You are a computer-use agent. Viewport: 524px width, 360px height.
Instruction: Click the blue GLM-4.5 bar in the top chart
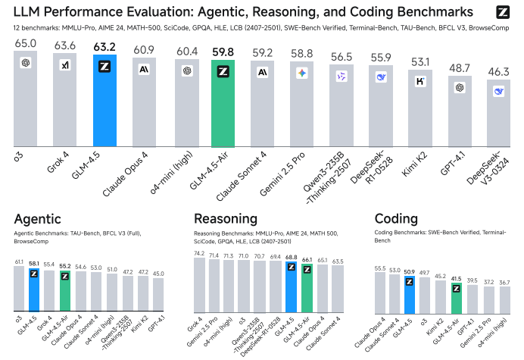coord(104,102)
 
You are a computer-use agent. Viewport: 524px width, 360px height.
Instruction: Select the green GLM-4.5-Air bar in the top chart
coord(223,106)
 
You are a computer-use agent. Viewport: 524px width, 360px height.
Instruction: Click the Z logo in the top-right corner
coord(503,13)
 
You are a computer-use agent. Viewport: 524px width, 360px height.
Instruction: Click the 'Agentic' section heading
coord(38,219)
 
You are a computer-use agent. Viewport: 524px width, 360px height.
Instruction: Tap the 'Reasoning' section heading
coord(224,219)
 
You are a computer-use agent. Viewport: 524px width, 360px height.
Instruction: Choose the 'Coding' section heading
coord(397,219)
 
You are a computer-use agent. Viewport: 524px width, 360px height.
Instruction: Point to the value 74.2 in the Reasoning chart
coord(199,253)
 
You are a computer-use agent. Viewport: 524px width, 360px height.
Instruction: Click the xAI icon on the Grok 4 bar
coord(65,65)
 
